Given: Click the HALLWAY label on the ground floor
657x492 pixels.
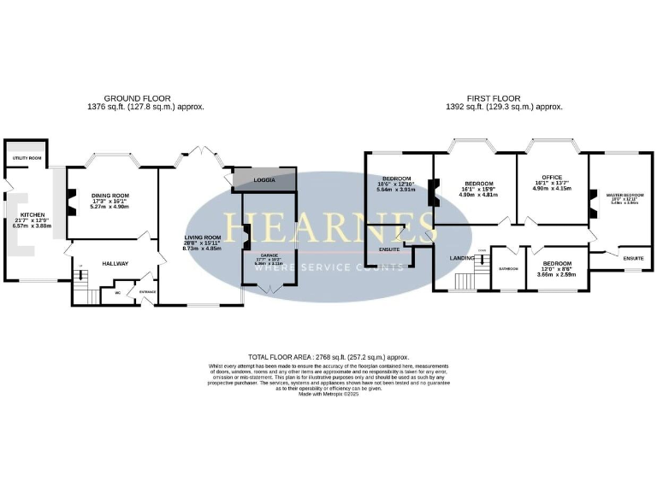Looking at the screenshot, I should (x=114, y=263).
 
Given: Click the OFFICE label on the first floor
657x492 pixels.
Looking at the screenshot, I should (x=551, y=177).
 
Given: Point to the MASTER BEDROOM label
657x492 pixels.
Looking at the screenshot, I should (x=624, y=195).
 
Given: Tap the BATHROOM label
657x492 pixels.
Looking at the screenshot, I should (x=509, y=268).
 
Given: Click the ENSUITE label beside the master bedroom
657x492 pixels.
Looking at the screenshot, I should (x=633, y=257).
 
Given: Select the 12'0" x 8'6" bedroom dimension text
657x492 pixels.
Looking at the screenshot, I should (x=557, y=274).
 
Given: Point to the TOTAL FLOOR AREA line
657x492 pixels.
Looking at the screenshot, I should (x=328, y=357).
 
